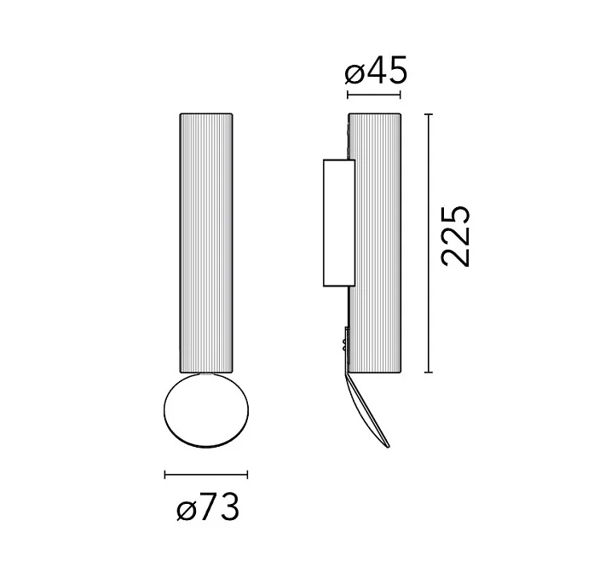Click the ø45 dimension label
pos(376,70)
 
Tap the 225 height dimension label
pos(455,236)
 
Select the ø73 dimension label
pos(207,506)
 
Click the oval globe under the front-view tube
pos(205,409)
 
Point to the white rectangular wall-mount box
pos(339,223)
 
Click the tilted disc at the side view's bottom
pos(367,410)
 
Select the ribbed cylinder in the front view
pos(206,243)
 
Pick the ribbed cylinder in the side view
pos(374,243)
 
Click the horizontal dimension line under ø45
pos(374,95)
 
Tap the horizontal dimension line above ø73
pos(206,474)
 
